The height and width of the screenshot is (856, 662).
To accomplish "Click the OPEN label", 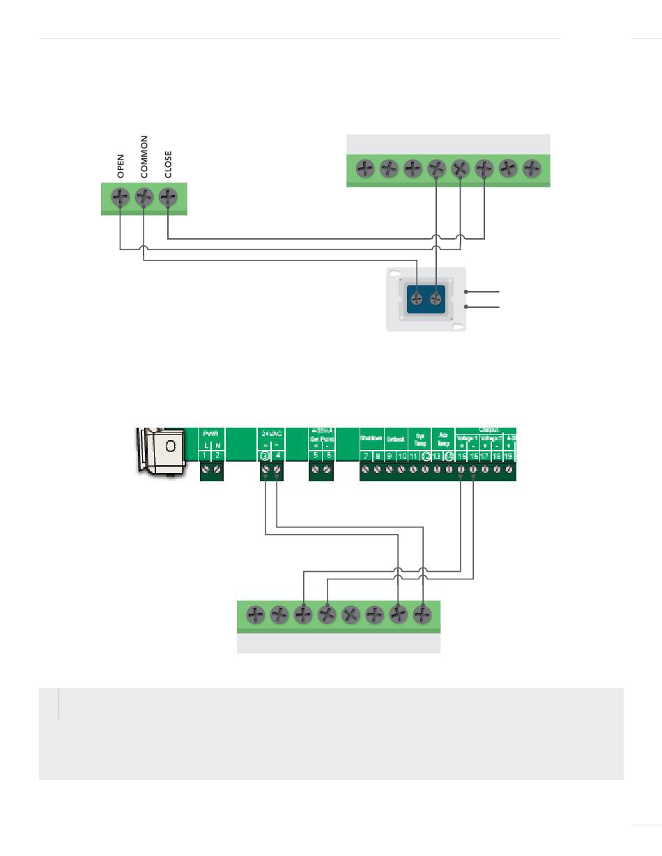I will tap(121, 166).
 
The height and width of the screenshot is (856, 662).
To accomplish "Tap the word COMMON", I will tap(144, 158).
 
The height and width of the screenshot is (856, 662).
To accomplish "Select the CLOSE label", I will tap(168, 164).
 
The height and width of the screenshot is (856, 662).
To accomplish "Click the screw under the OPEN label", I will tap(121, 198).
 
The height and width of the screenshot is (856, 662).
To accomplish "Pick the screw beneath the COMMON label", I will tap(144, 198).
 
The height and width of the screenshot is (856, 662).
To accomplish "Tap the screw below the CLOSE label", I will tap(168, 198).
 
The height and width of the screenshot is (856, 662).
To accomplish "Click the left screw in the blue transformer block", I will tap(416, 299).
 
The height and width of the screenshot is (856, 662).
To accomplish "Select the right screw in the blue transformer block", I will tap(436, 299).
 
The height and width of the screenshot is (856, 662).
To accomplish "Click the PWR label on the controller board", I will tap(210, 434).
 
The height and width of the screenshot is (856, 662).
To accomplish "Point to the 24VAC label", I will tap(271, 434).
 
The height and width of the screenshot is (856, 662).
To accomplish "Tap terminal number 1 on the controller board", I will tap(206, 456).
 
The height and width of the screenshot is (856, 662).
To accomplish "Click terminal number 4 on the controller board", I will tap(277, 456).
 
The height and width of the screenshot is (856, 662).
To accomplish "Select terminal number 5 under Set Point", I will tap(316, 456).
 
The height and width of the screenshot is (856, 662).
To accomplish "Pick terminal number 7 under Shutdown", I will tap(366, 456).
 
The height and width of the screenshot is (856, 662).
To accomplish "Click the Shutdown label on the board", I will tap(371, 438).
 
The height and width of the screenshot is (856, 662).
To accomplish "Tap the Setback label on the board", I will tap(396, 439).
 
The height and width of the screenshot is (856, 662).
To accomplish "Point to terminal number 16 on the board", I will tap(473, 456).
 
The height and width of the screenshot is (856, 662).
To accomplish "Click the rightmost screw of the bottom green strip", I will tap(422, 615).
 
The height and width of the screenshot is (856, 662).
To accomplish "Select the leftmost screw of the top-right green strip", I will tap(365, 169).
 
